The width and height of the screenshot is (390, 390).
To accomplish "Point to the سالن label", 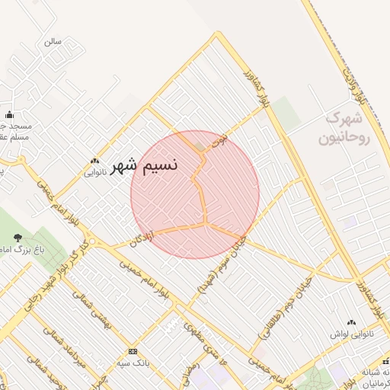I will pos(53,41).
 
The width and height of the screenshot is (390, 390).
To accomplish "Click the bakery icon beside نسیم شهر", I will pos(94,161).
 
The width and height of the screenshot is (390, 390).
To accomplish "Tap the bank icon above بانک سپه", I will pos(134,351).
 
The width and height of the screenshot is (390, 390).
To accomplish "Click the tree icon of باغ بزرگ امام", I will pos(19,238).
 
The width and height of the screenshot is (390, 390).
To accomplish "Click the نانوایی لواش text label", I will pos(351,334).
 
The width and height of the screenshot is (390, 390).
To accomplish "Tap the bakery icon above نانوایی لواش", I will pos(351,323).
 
